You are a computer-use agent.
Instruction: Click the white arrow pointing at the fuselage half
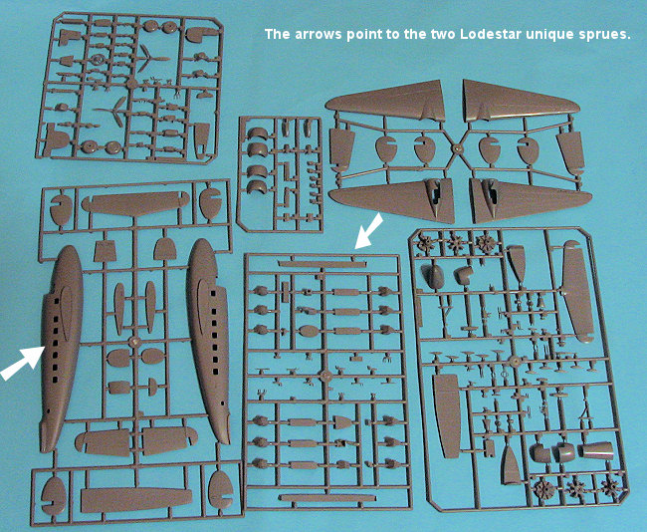pyautogui.click(x=22, y=363)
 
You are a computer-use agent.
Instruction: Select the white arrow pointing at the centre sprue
pyautogui.click(x=369, y=231)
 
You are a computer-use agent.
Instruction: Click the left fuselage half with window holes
pyautogui.click(x=62, y=349)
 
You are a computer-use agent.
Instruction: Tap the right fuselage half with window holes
pyautogui.click(x=208, y=341)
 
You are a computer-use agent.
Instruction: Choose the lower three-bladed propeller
pyautogui.click(x=114, y=112)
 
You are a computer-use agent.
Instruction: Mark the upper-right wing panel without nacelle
pyautogui.click(x=521, y=102)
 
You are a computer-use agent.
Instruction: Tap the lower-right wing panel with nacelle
pyautogui.click(x=531, y=200)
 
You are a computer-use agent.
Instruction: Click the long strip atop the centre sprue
pyautogui.click(x=322, y=264)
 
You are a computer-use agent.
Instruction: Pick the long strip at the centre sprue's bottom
pyautogui.click(x=322, y=498)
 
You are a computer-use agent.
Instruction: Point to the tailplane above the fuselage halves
pyautogui.click(x=135, y=203)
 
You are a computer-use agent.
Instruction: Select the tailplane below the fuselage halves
pyautogui.click(x=136, y=500)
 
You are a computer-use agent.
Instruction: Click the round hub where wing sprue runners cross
pyautogui.click(x=457, y=147)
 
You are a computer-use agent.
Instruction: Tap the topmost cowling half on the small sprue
pyautogui.click(x=258, y=133)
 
